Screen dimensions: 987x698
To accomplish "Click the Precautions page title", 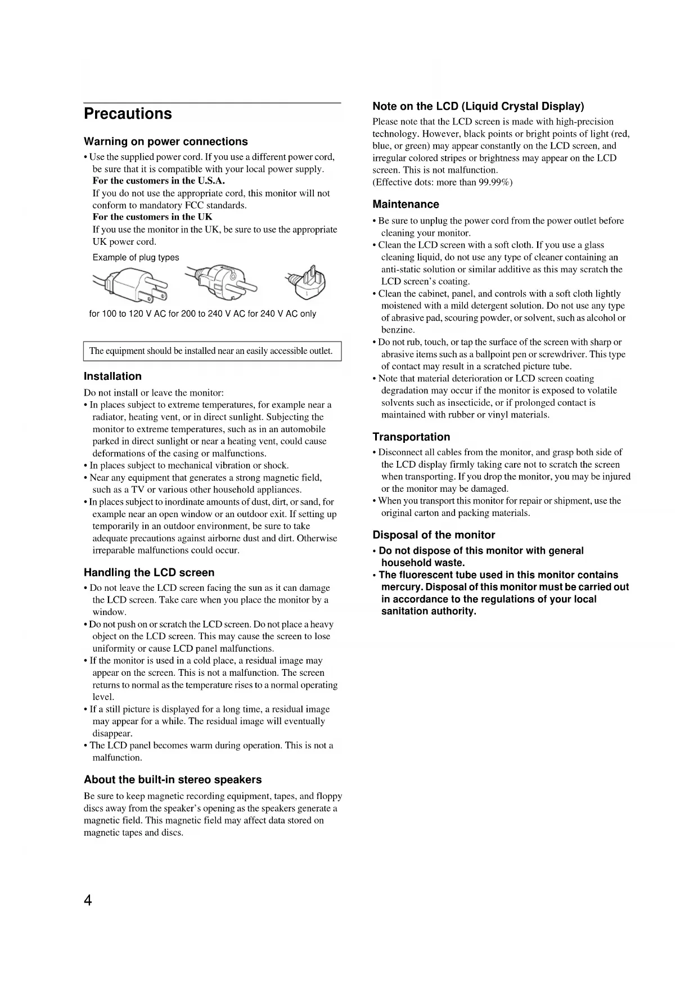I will pyautogui.click(x=128, y=114).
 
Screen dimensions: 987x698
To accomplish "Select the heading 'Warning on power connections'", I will pyautogui.click(x=165, y=142).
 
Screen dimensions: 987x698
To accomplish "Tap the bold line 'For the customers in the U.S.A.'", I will pyautogui.click(x=159, y=181).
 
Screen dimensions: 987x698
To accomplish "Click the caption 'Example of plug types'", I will pyautogui.click(x=136, y=258).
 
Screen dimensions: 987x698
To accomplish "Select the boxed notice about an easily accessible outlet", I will pyautogui.click(x=211, y=351).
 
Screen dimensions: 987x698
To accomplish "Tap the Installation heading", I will pyautogui.click(x=112, y=376).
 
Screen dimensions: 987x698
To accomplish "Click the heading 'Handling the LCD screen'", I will pyautogui.click(x=149, y=573).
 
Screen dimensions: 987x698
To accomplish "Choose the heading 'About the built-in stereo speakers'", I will pyautogui.click(x=173, y=780).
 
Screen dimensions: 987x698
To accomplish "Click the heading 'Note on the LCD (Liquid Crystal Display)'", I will pyautogui.click(x=478, y=106).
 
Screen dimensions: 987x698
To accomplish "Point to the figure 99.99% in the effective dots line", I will pyautogui.click(x=493, y=182).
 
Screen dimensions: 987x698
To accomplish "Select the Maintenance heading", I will pyautogui.click(x=406, y=204).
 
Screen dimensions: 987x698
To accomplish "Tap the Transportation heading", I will pyautogui.click(x=411, y=437).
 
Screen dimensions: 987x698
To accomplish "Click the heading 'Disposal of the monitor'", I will pyautogui.click(x=434, y=535).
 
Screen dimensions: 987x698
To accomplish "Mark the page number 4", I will pyautogui.click(x=88, y=901).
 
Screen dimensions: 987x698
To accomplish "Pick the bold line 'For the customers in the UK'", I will pyautogui.click(x=152, y=217).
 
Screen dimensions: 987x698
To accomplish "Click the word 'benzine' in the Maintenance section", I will pyautogui.click(x=397, y=330).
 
